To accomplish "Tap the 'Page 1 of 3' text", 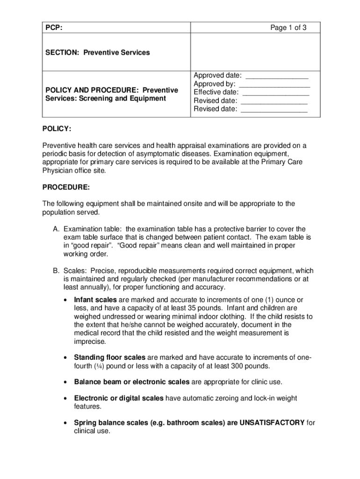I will pos(288,28).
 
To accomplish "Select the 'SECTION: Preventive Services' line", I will pos(97,52).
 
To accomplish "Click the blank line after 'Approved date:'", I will pos(277,76).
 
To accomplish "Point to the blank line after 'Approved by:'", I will pos(274,84).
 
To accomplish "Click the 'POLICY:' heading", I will pos(57,129).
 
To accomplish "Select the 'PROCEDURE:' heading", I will pos(66,187).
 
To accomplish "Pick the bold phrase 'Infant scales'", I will pos(95,299).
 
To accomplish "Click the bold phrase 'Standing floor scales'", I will pos(109,357).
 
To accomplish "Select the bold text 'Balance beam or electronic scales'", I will pos(131,382).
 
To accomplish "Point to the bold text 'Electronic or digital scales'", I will pos(119,399).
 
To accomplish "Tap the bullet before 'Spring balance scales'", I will pos(65,423).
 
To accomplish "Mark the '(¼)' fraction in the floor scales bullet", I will pos(98,366).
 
